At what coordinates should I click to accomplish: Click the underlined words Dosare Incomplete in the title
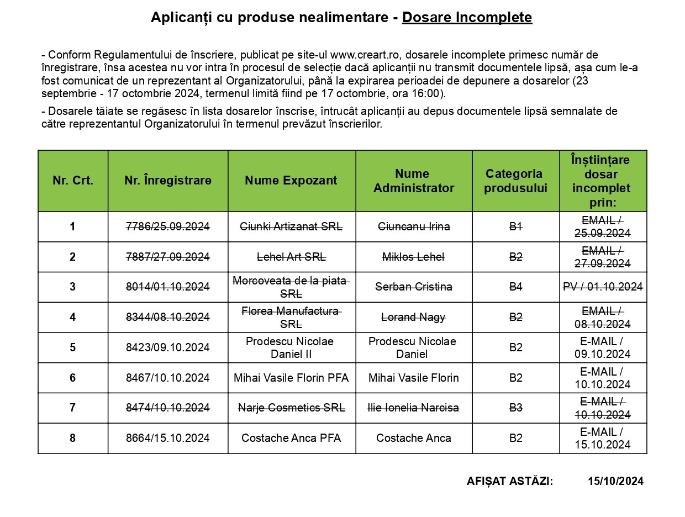pos(467,18)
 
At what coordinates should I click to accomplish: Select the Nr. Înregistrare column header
pos(168,181)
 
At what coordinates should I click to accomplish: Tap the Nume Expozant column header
pos(291,181)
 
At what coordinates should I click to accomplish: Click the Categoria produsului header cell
pos(515,181)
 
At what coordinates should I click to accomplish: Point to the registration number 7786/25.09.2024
pos(168,226)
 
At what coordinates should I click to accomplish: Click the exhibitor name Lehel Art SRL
pos(291,257)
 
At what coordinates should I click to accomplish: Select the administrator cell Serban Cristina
pos(414,287)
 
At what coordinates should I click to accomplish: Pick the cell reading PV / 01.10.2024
pos(603,287)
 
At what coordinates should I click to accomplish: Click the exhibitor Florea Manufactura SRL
pos(291,317)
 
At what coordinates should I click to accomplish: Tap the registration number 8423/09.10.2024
pos(168,347)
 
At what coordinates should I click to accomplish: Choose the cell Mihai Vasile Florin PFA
pos(291,378)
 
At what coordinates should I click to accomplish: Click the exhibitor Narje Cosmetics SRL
pos(291,408)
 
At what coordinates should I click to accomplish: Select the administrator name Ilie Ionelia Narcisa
pos(414,408)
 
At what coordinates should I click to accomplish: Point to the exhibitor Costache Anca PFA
pos(291,438)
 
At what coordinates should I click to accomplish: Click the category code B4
pos(515,287)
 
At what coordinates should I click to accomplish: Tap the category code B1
pos(515,226)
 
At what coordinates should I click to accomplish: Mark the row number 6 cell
pos(72,378)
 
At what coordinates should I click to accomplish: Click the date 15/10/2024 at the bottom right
pos(615,481)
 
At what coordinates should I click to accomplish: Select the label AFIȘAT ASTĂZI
pos(509,481)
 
